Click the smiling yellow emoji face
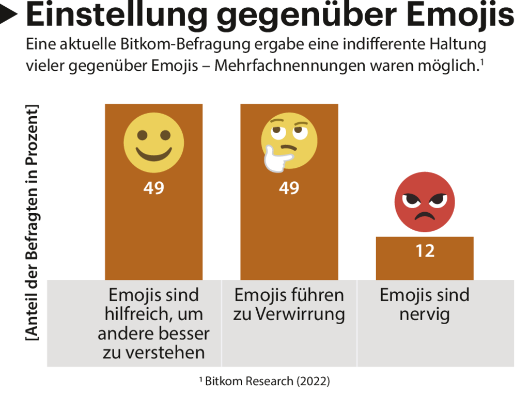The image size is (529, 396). point(154,142)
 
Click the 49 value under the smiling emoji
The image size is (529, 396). point(154,188)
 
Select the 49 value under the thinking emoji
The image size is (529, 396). point(289,188)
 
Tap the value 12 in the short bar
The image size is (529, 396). point(425,251)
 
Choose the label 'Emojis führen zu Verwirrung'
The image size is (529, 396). point(289,305)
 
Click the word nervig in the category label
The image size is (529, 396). point(425,314)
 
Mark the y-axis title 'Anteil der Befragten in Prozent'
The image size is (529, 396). point(32,222)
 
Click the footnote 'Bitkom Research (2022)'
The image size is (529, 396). point(264,382)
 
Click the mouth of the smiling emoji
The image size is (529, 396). point(154,153)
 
